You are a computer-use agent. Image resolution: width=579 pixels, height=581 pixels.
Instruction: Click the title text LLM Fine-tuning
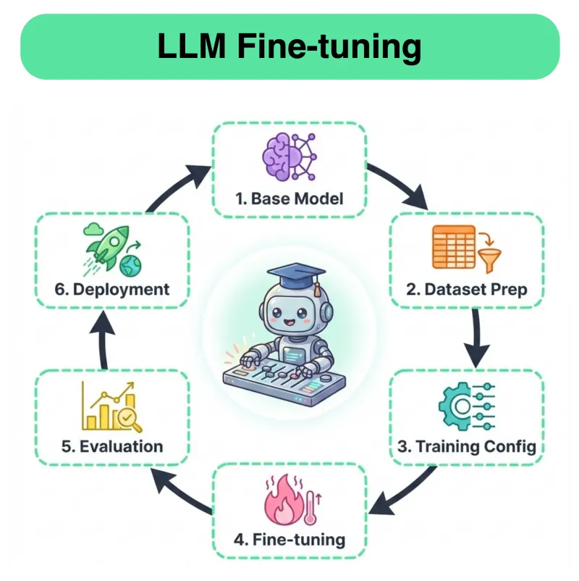289,47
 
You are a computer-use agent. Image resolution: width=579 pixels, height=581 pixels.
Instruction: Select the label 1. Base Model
289,198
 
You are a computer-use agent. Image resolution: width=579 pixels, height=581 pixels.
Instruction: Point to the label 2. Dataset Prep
466,290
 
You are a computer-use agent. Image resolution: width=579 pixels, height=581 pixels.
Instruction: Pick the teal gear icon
465,408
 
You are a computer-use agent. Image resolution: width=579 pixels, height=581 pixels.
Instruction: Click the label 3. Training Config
467,446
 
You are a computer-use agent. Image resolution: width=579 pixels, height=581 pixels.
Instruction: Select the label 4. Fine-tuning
289,540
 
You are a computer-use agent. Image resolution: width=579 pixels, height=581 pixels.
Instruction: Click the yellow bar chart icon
112,409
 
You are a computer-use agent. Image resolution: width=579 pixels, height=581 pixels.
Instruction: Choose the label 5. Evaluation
112,446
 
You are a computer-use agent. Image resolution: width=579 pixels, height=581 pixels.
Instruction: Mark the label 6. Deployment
112,290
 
